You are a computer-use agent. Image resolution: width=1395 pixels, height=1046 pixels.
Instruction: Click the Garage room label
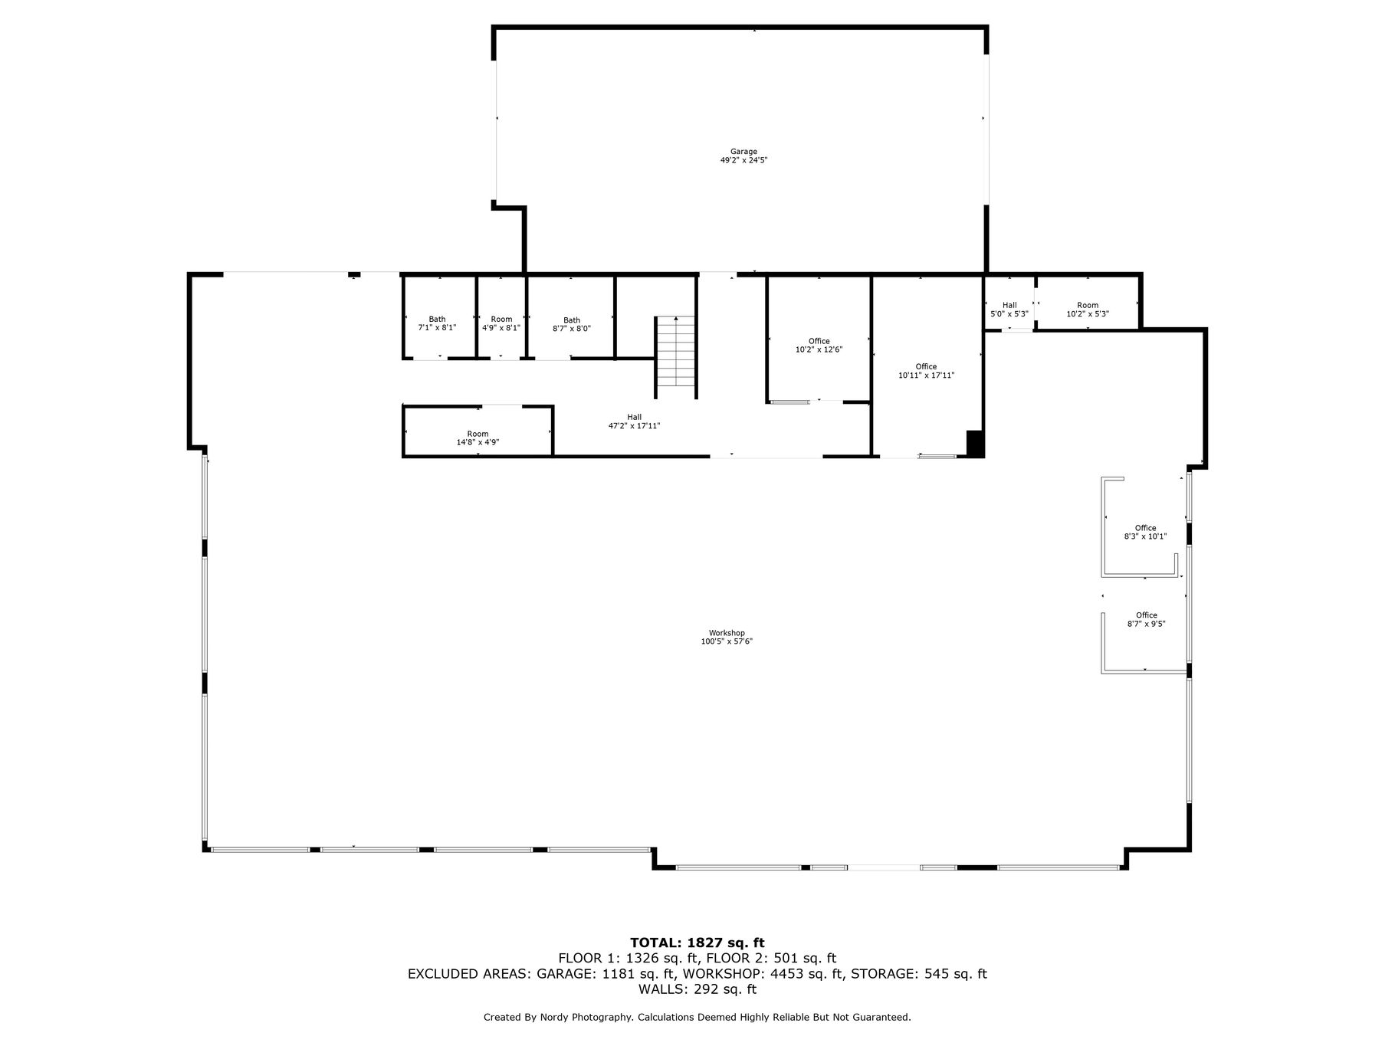[x=743, y=152]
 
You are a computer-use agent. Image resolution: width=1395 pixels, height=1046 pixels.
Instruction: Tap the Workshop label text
[x=727, y=633]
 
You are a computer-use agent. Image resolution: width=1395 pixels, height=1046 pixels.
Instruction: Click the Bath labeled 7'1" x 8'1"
[x=437, y=323]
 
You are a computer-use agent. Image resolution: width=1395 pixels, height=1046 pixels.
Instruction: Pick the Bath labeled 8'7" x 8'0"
[x=572, y=324]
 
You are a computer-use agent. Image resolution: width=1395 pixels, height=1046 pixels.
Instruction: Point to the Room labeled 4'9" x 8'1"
[x=501, y=323]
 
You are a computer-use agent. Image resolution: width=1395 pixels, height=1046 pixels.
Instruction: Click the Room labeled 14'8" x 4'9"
[x=478, y=438]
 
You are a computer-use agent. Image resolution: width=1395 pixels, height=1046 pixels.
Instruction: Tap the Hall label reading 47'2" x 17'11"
[x=634, y=421]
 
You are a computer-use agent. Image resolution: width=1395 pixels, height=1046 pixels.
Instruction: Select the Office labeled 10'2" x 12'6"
[x=819, y=345]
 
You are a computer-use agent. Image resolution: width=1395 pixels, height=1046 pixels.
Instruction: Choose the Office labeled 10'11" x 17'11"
[x=926, y=371]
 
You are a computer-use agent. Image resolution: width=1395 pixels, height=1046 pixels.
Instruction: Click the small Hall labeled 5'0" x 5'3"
[x=1009, y=310]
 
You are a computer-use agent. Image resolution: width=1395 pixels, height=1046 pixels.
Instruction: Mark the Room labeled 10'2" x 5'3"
[x=1088, y=310]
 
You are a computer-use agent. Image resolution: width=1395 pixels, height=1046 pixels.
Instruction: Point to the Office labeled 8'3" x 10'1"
[x=1145, y=532]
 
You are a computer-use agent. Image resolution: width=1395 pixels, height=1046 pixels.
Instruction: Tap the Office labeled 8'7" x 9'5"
[x=1146, y=619]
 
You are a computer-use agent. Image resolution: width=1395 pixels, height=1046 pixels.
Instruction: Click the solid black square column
[x=974, y=444]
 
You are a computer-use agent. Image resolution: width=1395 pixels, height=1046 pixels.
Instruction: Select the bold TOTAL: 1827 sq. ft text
[x=697, y=943]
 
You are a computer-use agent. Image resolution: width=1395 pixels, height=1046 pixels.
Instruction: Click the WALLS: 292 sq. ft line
[x=697, y=989]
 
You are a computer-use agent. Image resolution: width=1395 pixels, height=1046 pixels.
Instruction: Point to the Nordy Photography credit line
[x=697, y=1017]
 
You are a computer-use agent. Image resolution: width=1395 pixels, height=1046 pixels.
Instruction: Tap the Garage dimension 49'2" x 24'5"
[x=743, y=161]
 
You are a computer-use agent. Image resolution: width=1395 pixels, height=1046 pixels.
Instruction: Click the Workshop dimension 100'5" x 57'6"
[x=727, y=641]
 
